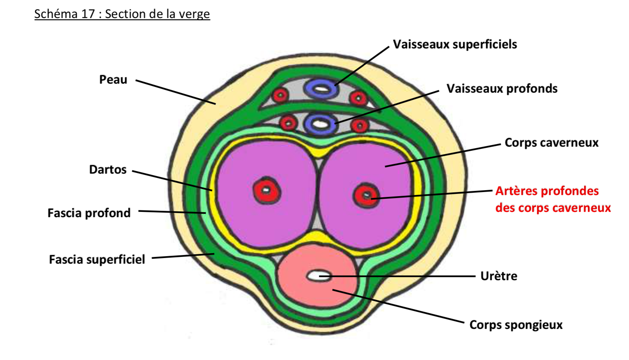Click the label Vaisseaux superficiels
(455, 45)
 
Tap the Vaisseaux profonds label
(502, 89)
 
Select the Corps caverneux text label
(551, 143)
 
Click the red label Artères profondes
(547, 191)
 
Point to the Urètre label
(499, 276)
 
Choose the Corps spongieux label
(516, 325)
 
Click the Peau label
(113, 80)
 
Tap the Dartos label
(108, 170)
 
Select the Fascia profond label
(89, 213)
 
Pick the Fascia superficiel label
(97, 259)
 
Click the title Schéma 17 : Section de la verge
(122, 14)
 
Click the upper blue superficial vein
(320, 89)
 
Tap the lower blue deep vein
(320, 123)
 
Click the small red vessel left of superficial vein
(280, 95)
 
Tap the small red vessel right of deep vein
(360, 126)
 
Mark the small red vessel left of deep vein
(289, 122)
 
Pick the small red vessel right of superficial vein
(358, 99)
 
